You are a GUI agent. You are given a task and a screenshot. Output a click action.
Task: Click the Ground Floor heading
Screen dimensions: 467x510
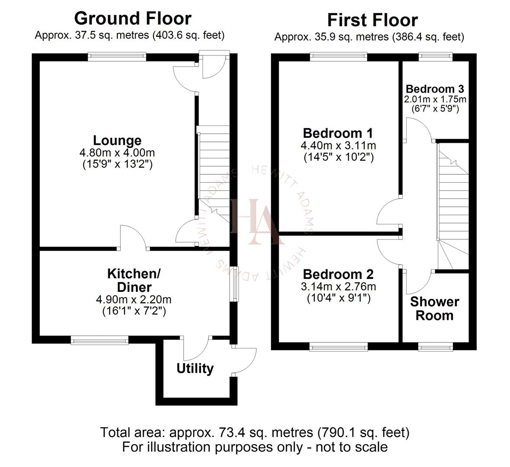click(132, 19)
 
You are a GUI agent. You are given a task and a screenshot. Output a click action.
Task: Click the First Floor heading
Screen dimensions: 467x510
click(372, 20)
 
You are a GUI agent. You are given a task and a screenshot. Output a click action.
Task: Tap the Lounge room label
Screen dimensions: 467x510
click(117, 141)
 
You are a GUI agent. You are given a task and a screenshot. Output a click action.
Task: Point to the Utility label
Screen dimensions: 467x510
click(195, 368)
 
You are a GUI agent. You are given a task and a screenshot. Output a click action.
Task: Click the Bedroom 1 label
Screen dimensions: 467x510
click(338, 133)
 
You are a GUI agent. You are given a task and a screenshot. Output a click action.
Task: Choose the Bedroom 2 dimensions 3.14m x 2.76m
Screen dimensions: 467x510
click(338, 286)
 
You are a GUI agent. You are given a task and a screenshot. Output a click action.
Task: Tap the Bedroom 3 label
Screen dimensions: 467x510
click(435, 89)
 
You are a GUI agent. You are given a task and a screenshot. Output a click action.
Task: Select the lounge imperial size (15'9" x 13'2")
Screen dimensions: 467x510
click(117, 164)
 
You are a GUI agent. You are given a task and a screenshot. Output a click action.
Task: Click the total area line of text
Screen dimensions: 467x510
click(255, 432)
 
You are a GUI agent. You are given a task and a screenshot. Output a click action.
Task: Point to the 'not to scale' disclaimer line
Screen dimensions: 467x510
click(255, 446)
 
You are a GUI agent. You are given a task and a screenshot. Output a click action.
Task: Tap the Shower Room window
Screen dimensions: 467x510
click(436, 346)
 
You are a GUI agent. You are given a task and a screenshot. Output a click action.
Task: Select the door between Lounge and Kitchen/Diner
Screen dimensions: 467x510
click(134, 239)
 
